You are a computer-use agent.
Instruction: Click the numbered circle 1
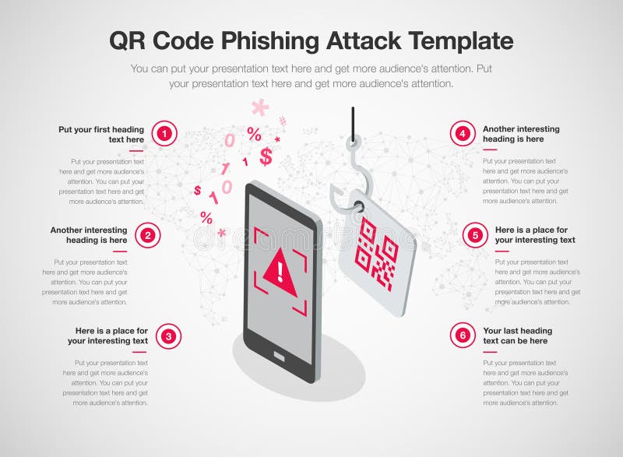coord(164,134)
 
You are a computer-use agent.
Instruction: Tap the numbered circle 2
coord(147,234)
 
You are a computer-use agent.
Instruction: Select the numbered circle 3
coord(168,336)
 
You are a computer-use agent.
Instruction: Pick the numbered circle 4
coord(463,134)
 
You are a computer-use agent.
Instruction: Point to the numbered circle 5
coord(475,234)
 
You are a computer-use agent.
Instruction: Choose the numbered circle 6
coord(463,336)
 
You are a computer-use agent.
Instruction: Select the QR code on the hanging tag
coord(376,254)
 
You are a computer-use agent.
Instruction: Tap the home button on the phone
coord(280,357)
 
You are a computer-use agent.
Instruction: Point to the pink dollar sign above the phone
coord(266,156)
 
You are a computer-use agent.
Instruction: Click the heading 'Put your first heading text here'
coord(101,134)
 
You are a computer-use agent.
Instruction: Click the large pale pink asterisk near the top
coord(259,107)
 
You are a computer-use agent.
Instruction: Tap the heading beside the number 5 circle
coord(535,234)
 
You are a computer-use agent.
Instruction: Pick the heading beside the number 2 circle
coord(89,234)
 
